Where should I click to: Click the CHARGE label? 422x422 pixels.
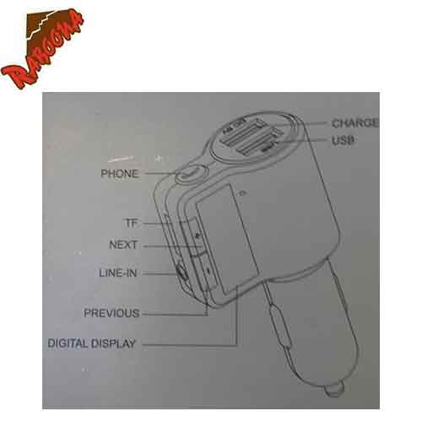354,123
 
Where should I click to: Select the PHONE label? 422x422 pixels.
119,174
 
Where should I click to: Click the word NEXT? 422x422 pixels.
124,246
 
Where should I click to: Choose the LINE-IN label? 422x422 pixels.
116,273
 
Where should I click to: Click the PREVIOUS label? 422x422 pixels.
111,313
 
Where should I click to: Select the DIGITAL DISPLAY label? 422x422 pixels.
92,344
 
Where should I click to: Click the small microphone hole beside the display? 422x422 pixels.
243,196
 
